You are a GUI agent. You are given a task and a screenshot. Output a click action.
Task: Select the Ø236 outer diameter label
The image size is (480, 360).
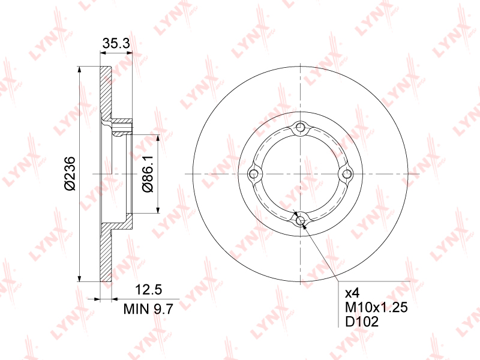click(x=70, y=173)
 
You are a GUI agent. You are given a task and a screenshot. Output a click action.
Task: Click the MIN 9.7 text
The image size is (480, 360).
click(x=148, y=310)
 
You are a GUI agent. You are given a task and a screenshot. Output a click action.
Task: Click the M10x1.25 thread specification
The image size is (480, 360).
click(x=376, y=308)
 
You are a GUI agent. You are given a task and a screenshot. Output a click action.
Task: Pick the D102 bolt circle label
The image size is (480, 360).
click(x=362, y=322)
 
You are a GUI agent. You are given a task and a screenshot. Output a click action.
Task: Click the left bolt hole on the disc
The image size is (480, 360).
click(x=254, y=174)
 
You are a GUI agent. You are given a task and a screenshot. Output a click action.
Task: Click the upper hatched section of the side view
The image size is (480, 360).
click(x=106, y=90)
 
